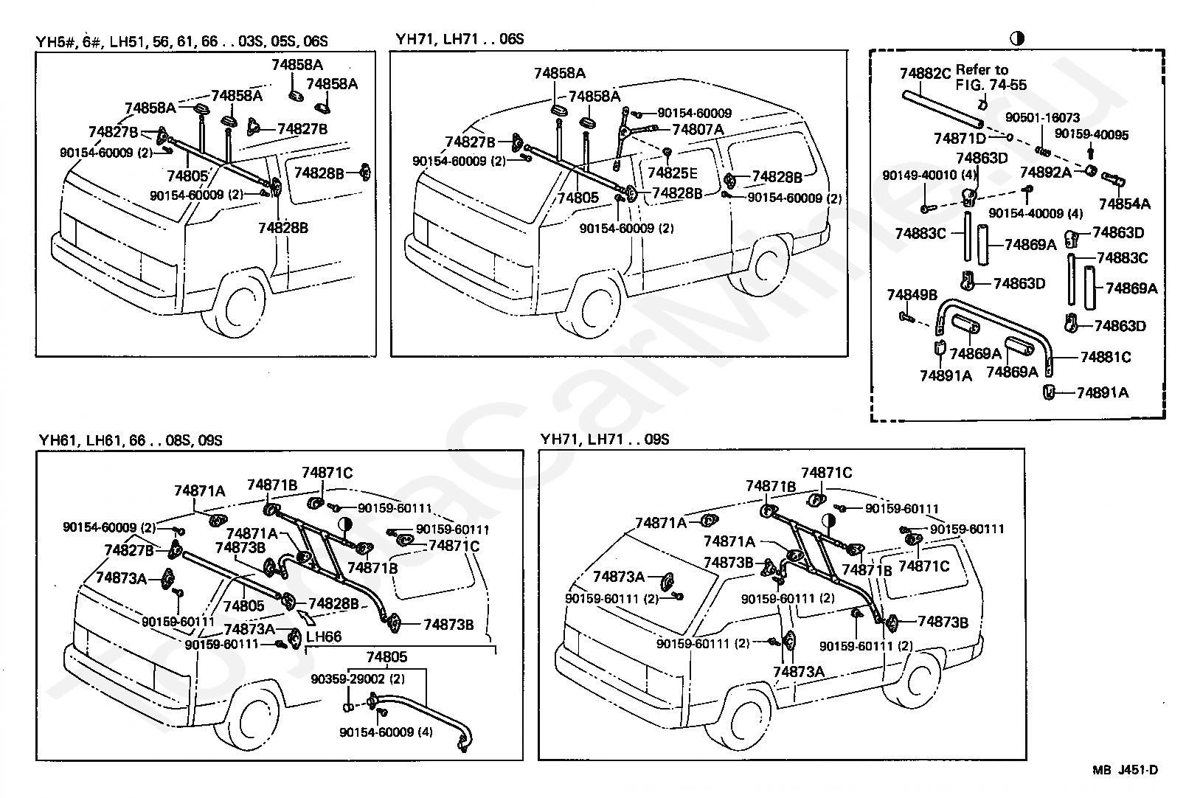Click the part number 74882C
coord(925,73)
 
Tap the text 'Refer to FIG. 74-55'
coord(991,77)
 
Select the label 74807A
coord(698,129)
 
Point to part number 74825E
coord(673,173)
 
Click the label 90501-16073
coord(1042,117)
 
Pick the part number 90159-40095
coord(1092,134)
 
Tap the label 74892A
coord(1045,172)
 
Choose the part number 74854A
coord(1124,204)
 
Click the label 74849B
coord(912,294)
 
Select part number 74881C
coord(1105,357)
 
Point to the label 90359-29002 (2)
coord(358,679)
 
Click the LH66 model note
coord(324,636)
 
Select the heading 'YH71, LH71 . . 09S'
coord(605,440)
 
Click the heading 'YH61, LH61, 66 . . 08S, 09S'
coord(131,440)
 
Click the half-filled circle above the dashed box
coord(1017,38)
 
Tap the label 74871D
coord(960,138)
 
